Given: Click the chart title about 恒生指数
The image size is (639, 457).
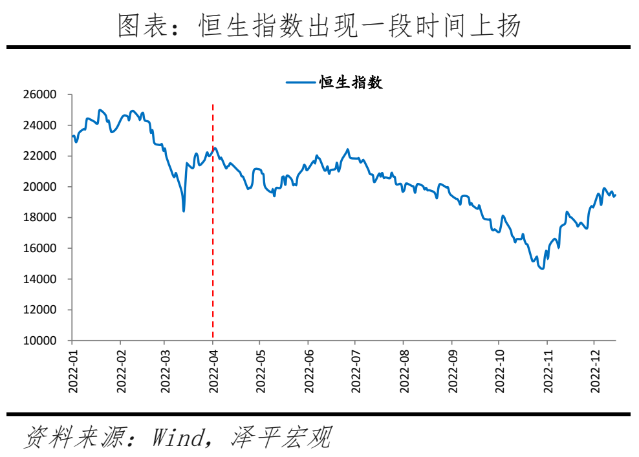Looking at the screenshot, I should coord(319,26).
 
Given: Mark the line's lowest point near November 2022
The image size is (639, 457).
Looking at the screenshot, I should coord(541,269).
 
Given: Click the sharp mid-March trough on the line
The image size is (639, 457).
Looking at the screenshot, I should coord(184,211).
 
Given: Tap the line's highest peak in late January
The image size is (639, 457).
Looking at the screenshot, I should coord(100,110).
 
